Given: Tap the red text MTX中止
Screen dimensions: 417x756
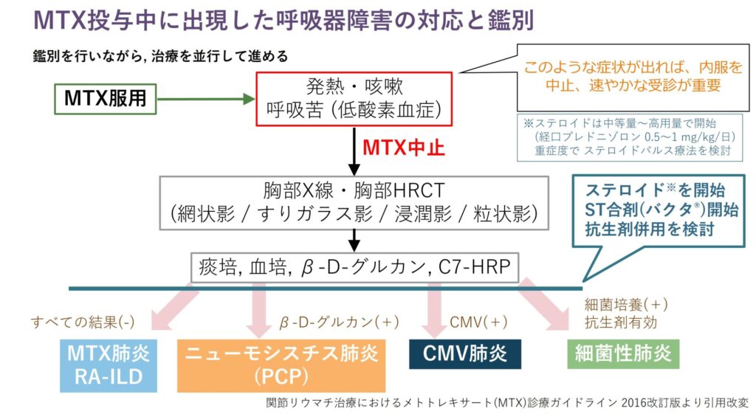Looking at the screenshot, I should pos(403,148).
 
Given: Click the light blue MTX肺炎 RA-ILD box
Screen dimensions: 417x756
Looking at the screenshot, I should pos(106,365).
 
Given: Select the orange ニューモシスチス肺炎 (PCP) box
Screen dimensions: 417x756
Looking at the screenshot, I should pos(281,365).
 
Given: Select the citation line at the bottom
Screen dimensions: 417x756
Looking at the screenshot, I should pos(507,404).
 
